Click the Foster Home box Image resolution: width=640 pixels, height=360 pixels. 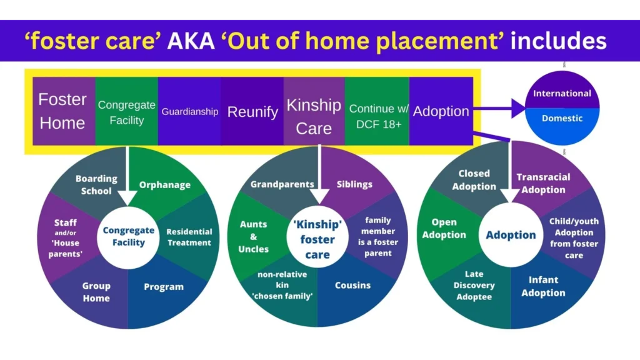tap(62, 111)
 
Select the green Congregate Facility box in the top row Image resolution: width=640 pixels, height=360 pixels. tap(126, 111)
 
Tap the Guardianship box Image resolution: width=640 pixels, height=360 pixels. tap(189, 112)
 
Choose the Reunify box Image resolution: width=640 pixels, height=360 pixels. tap(252, 112)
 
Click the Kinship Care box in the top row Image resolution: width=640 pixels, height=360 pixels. tap(314, 116)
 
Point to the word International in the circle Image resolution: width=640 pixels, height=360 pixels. tap(562, 94)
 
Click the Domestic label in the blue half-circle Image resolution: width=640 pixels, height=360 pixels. tap(562, 118)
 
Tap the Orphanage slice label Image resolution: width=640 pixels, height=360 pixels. tap(165, 185)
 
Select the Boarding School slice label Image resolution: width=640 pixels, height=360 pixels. tap(96, 184)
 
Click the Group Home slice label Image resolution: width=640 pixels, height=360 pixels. tap(96, 292)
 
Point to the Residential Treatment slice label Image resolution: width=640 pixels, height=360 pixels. tap(189, 237)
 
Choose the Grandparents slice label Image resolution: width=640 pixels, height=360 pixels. tap(282, 184)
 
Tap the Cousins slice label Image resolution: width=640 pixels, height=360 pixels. tap(352, 286)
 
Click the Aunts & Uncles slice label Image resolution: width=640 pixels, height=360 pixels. tap(253, 236)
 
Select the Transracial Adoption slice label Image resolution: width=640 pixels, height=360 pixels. tap(543, 183)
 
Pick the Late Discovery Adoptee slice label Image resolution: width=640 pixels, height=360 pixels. tap(474, 285)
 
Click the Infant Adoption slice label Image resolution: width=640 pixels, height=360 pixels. tap(543, 286)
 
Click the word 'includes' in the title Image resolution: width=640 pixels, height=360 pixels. tap(558, 41)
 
